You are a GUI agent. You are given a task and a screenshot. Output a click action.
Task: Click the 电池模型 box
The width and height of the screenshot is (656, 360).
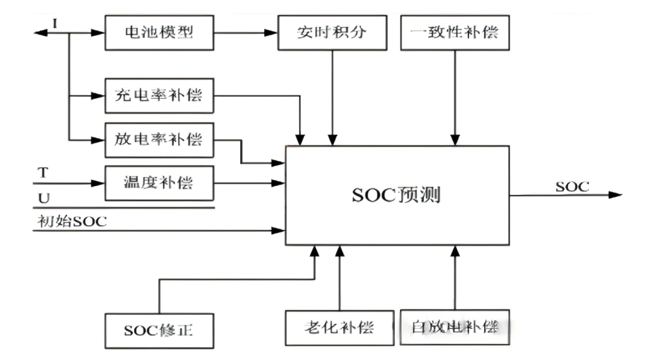point(159,32)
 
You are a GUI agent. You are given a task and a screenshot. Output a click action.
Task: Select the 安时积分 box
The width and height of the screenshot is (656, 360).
point(332,32)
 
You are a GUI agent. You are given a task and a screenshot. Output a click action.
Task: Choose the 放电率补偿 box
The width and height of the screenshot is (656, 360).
point(159,140)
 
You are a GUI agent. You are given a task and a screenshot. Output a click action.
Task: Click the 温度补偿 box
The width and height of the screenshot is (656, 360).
point(159,182)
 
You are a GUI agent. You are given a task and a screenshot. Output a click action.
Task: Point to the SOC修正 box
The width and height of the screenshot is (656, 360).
point(159,331)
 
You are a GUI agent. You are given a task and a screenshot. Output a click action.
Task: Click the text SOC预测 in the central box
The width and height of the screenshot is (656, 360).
point(397,196)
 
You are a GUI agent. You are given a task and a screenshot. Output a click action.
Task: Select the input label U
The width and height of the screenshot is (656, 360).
point(42,198)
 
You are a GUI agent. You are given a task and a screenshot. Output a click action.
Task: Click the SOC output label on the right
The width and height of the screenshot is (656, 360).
point(572,186)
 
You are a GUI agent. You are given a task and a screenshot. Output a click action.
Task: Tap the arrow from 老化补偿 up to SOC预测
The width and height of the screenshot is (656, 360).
point(339,277)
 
